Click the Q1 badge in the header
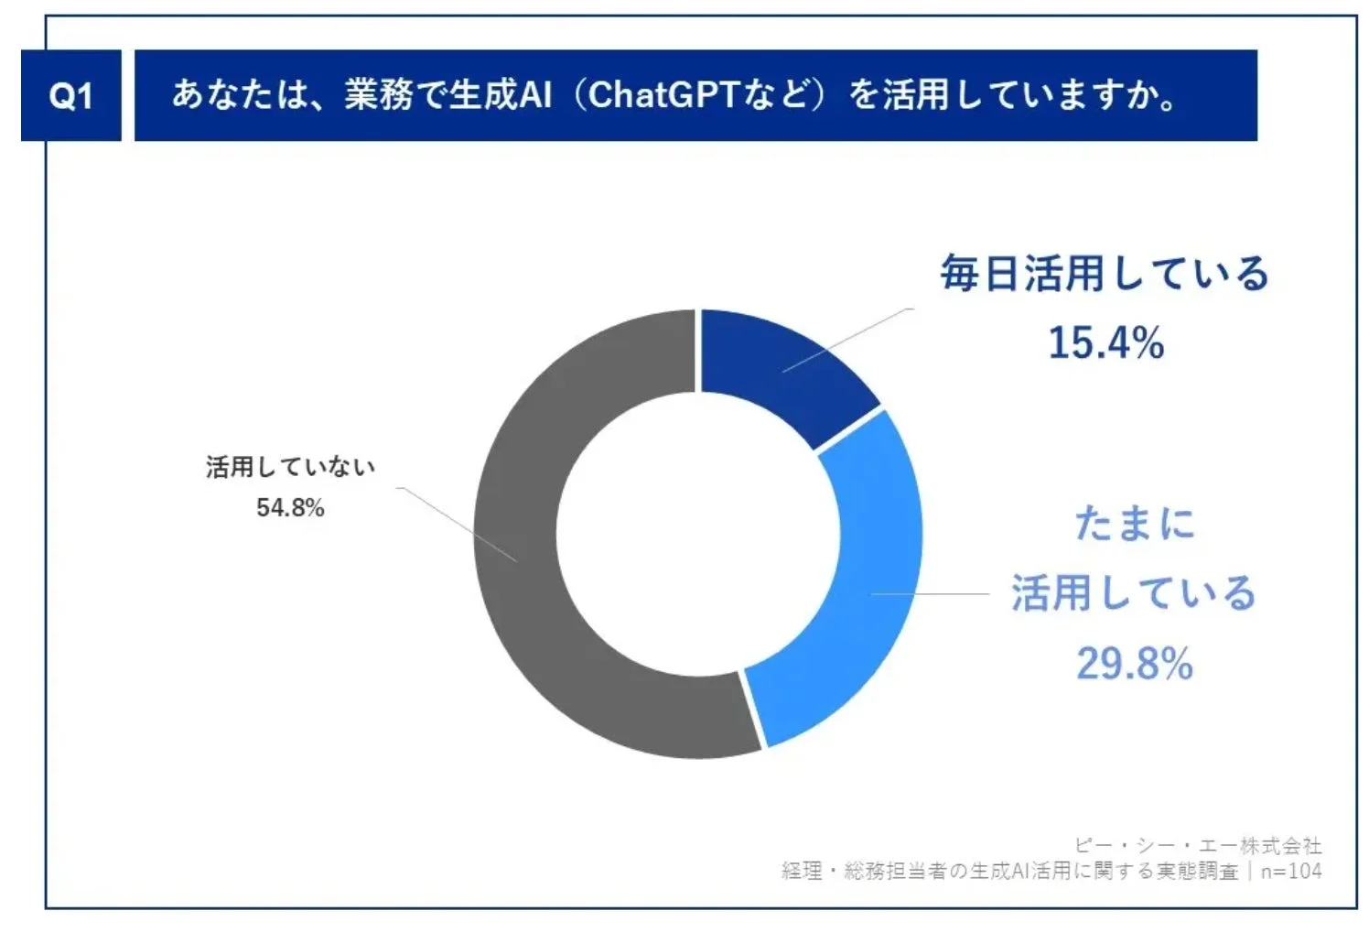70,95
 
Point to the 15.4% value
1105,342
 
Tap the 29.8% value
1134,663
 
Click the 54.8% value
290,507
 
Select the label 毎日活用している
1105,273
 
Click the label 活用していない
290,467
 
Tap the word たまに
1135,524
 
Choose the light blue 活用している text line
1133,592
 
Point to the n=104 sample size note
1291,871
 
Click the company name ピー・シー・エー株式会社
1198,845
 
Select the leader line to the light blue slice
929,593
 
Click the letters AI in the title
536,94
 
